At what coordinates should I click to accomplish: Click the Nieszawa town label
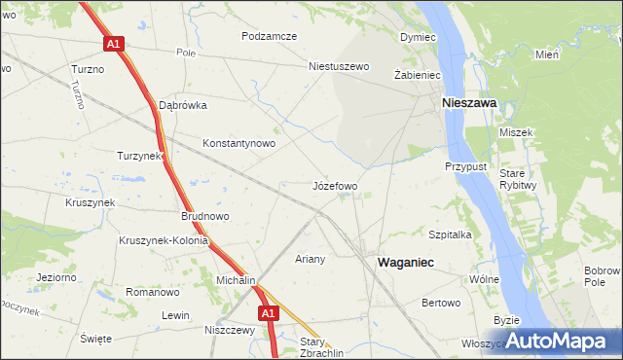coord(469,101)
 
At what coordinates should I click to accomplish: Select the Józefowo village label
coord(335,185)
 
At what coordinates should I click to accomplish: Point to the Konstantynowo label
coord(238,143)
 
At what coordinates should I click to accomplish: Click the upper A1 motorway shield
coord(114,44)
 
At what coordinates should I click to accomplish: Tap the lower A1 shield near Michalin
coord(269,313)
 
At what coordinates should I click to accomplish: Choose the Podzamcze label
coord(270,36)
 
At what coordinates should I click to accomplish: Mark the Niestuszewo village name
coord(340,67)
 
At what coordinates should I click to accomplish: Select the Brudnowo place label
coord(204,217)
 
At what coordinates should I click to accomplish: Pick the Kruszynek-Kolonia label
coord(163,241)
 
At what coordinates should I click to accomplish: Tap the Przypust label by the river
coord(465,166)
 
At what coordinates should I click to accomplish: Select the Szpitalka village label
coord(450,234)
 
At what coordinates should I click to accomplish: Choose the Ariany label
coord(310,259)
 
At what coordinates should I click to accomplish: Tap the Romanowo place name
coord(154,292)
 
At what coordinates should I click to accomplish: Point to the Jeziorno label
coord(55,277)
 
